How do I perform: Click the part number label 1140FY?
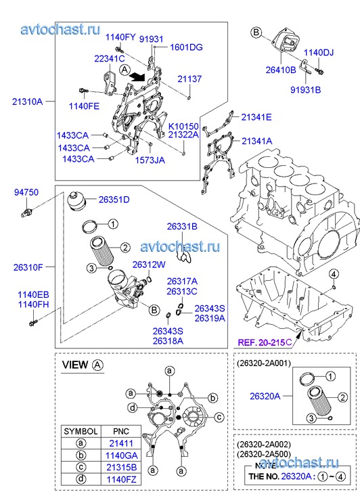120,37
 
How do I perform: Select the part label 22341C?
110,58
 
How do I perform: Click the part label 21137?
189,79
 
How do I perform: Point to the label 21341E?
256,117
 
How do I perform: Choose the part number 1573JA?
150,160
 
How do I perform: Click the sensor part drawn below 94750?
25,212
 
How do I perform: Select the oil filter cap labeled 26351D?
74,202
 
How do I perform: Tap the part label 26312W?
149,265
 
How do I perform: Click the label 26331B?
182,227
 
